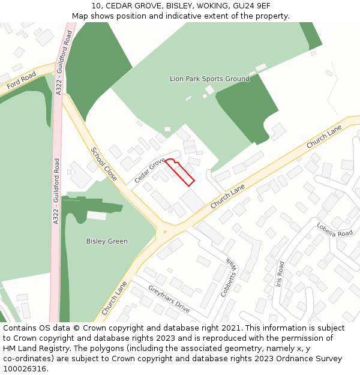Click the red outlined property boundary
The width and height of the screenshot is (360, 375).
pyautogui.click(x=180, y=172)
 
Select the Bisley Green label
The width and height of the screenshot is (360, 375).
pyautogui.click(x=107, y=241)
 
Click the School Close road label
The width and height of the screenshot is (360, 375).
pyautogui.click(x=104, y=164)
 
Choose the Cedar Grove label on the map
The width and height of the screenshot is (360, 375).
pyautogui.click(x=149, y=170)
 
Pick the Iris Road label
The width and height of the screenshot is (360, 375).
pyautogui.click(x=280, y=273)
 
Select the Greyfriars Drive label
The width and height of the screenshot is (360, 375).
pyautogui.click(x=169, y=299)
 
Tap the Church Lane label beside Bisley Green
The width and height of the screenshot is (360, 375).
pyautogui.click(x=114, y=298)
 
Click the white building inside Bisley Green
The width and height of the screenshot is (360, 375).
pyautogui.click(x=96, y=215)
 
